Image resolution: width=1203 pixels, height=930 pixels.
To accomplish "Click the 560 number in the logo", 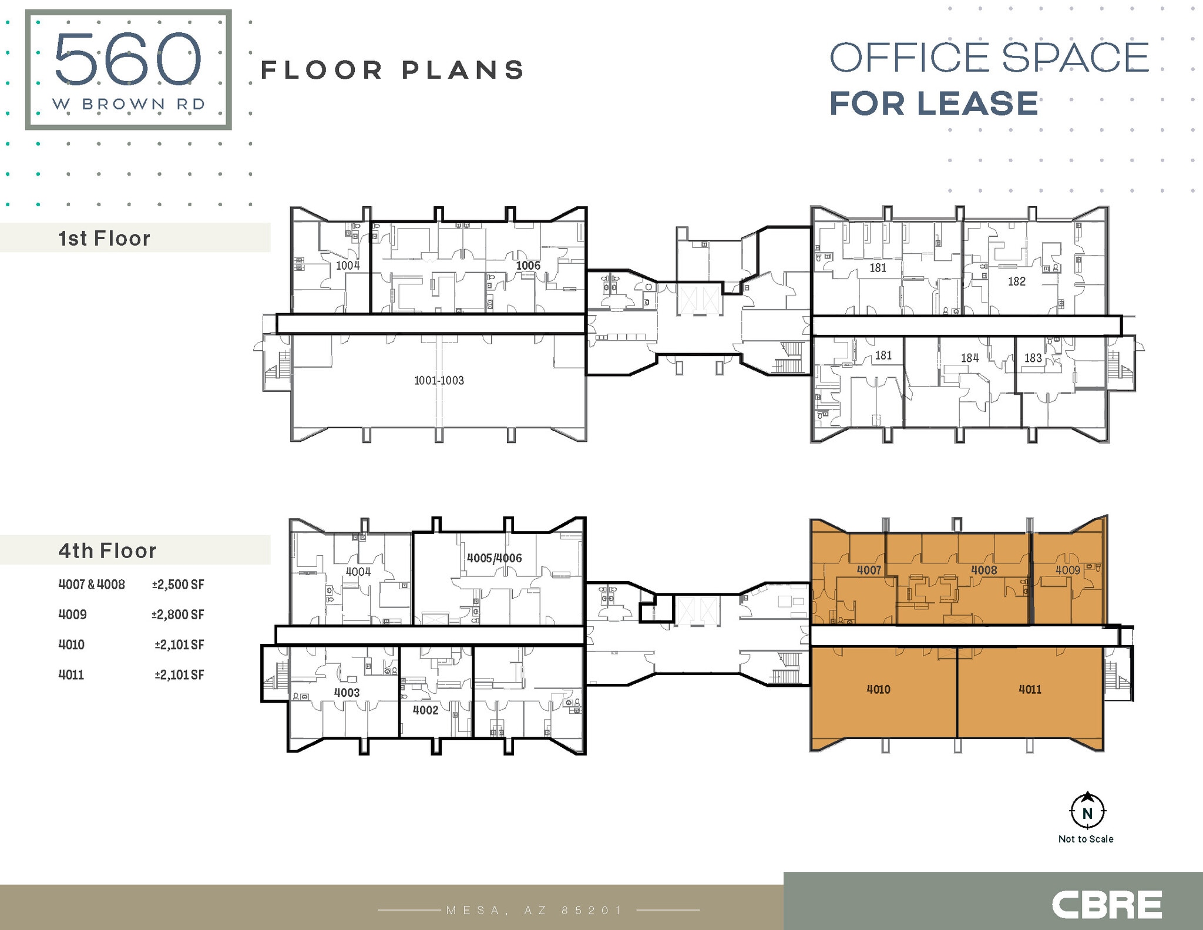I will [x=128, y=59].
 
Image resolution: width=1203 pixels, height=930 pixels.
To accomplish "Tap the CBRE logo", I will [x=1107, y=904].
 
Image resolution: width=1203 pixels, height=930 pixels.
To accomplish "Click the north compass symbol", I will [x=1087, y=812].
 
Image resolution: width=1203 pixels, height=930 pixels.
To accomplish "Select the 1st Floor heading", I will [x=105, y=239].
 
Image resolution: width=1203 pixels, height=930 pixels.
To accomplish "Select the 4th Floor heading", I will [x=107, y=550].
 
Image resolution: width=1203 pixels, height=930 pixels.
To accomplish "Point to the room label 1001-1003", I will [x=439, y=381].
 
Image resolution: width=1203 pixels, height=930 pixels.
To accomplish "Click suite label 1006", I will [x=528, y=266].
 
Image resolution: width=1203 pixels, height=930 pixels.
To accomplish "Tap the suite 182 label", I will [x=1016, y=281].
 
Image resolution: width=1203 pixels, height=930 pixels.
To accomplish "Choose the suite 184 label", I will [x=969, y=358].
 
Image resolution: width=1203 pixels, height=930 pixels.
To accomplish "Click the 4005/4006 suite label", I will [x=494, y=558].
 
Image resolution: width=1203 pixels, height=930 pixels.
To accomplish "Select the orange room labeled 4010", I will [x=878, y=689].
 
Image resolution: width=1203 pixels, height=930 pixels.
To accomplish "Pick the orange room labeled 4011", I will [x=1030, y=689].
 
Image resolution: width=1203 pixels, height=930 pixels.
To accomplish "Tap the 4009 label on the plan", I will [x=1067, y=570].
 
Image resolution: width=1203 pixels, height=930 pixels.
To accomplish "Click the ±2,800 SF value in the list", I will [x=178, y=615].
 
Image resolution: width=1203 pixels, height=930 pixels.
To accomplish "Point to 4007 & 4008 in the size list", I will [x=92, y=585].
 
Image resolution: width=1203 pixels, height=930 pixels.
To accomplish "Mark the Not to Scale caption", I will [x=1086, y=839].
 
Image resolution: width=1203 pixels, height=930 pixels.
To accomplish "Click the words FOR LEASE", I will [x=933, y=103].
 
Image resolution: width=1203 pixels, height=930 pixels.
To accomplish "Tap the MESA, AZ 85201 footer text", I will [x=534, y=910].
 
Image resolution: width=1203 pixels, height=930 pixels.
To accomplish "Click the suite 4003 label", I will [x=347, y=693].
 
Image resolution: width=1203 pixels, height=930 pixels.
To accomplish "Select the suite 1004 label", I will [x=348, y=266].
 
